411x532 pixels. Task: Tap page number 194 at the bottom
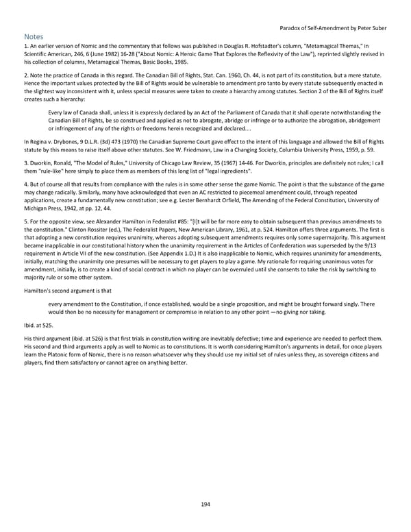pos(206,505)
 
